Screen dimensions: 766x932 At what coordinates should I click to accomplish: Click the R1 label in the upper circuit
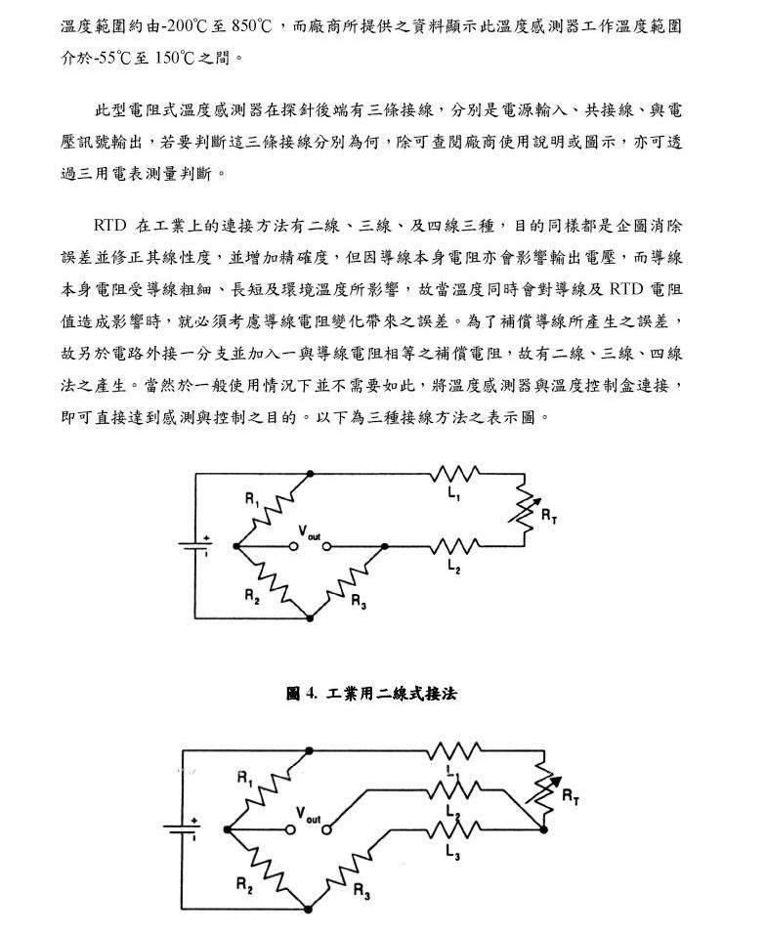tap(252, 499)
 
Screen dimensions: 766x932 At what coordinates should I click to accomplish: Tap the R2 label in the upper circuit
tap(252, 596)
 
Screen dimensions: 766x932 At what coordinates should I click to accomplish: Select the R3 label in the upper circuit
tap(359, 602)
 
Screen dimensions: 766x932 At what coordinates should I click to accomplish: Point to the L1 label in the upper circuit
tap(454, 493)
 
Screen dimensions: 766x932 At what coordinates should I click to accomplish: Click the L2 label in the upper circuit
tap(454, 567)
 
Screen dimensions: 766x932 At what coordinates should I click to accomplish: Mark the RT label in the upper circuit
tap(549, 516)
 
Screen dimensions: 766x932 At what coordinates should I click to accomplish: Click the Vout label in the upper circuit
tap(309, 532)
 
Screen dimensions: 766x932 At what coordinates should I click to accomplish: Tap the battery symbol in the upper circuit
tap(195, 546)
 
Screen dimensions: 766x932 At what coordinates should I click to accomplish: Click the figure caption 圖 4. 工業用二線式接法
tap(371, 693)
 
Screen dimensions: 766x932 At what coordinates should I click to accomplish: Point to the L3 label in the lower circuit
tap(452, 852)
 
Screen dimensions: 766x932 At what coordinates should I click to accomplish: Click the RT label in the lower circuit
tap(571, 796)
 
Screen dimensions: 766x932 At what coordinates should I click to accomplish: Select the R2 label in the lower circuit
tap(244, 885)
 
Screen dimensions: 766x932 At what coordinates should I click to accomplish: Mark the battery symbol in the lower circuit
tap(182, 828)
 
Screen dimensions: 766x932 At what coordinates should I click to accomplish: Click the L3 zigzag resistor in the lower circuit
tap(454, 829)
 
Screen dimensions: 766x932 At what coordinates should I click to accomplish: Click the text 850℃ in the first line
tap(251, 26)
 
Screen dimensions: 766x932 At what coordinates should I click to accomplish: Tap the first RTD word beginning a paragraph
tap(110, 226)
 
